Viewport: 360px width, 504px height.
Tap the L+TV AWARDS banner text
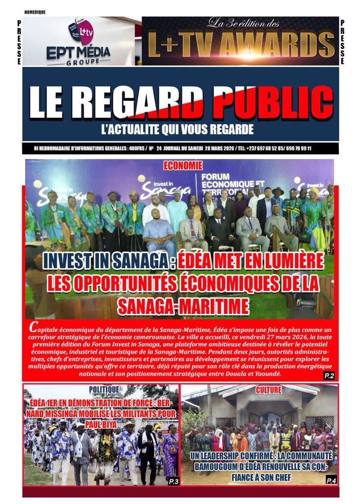(240, 45)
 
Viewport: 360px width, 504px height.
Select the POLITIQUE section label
(104, 389)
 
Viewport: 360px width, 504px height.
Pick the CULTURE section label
(269, 390)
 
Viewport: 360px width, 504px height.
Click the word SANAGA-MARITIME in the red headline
(183, 306)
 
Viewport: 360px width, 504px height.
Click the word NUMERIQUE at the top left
(35, 12)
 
